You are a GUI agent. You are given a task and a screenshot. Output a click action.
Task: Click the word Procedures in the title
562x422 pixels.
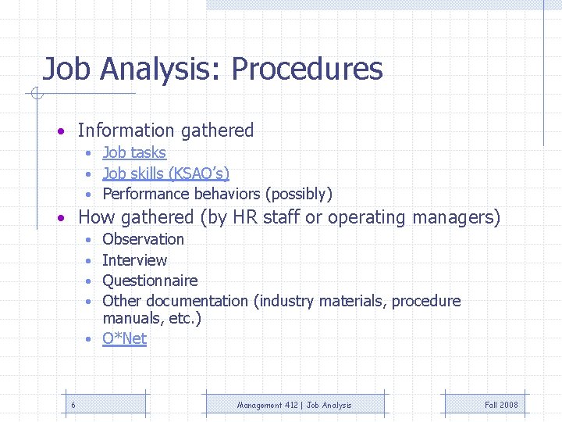(x=307, y=70)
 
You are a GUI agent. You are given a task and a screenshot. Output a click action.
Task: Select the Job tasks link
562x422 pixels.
(x=134, y=152)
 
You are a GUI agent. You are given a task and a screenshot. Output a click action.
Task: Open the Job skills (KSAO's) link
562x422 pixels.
(x=165, y=173)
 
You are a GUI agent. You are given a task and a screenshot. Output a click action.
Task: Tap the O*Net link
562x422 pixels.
(x=124, y=338)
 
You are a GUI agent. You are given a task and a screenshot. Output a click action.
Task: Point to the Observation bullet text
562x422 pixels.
(x=143, y=239)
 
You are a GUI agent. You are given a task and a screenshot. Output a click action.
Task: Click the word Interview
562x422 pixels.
(x=134, y=260)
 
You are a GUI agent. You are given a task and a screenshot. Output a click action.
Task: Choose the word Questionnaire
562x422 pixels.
(x=150, y=281)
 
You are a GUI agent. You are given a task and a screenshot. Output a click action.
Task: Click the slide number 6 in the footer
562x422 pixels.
(x=73, y=405)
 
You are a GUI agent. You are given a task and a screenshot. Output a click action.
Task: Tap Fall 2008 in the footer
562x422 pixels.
(x=500, y=405)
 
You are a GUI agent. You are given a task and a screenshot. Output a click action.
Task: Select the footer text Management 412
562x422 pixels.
(x=269, y=405)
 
